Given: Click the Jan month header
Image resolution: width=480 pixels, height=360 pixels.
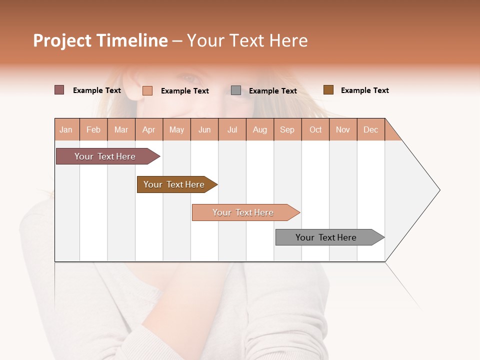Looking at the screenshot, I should click(x=66, y=129).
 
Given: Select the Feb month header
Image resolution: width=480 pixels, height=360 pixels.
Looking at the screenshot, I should click(x=93, y=129).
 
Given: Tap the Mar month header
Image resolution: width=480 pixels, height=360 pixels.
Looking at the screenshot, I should click(x=121, y=129).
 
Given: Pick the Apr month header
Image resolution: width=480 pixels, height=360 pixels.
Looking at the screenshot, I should click(x=149, y=129).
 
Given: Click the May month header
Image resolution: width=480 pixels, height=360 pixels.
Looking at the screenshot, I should click(x=176, y=129).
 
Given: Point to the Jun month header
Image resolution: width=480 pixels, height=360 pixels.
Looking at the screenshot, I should click(x=204, y=129).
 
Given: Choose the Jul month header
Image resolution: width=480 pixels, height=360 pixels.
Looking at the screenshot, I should click(x=232, y=129).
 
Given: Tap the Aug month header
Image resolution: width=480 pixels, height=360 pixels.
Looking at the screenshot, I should click(x=260, y=129).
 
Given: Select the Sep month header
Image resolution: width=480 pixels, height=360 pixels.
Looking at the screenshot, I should click(x=287, y=129).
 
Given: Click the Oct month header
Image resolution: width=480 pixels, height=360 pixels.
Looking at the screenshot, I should click(x=315, y=129).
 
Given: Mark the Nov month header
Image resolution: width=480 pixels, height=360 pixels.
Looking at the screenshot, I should click(x=343, y=129).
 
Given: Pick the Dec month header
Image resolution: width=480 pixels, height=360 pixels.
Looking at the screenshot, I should click(x=371, y=129).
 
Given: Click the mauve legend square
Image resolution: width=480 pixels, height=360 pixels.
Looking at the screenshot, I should click(x=59, y=90).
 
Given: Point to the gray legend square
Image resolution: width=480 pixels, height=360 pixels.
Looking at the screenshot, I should click(x=236, y=90).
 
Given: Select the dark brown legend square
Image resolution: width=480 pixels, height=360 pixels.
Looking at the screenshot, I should click(x=328, y=90).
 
